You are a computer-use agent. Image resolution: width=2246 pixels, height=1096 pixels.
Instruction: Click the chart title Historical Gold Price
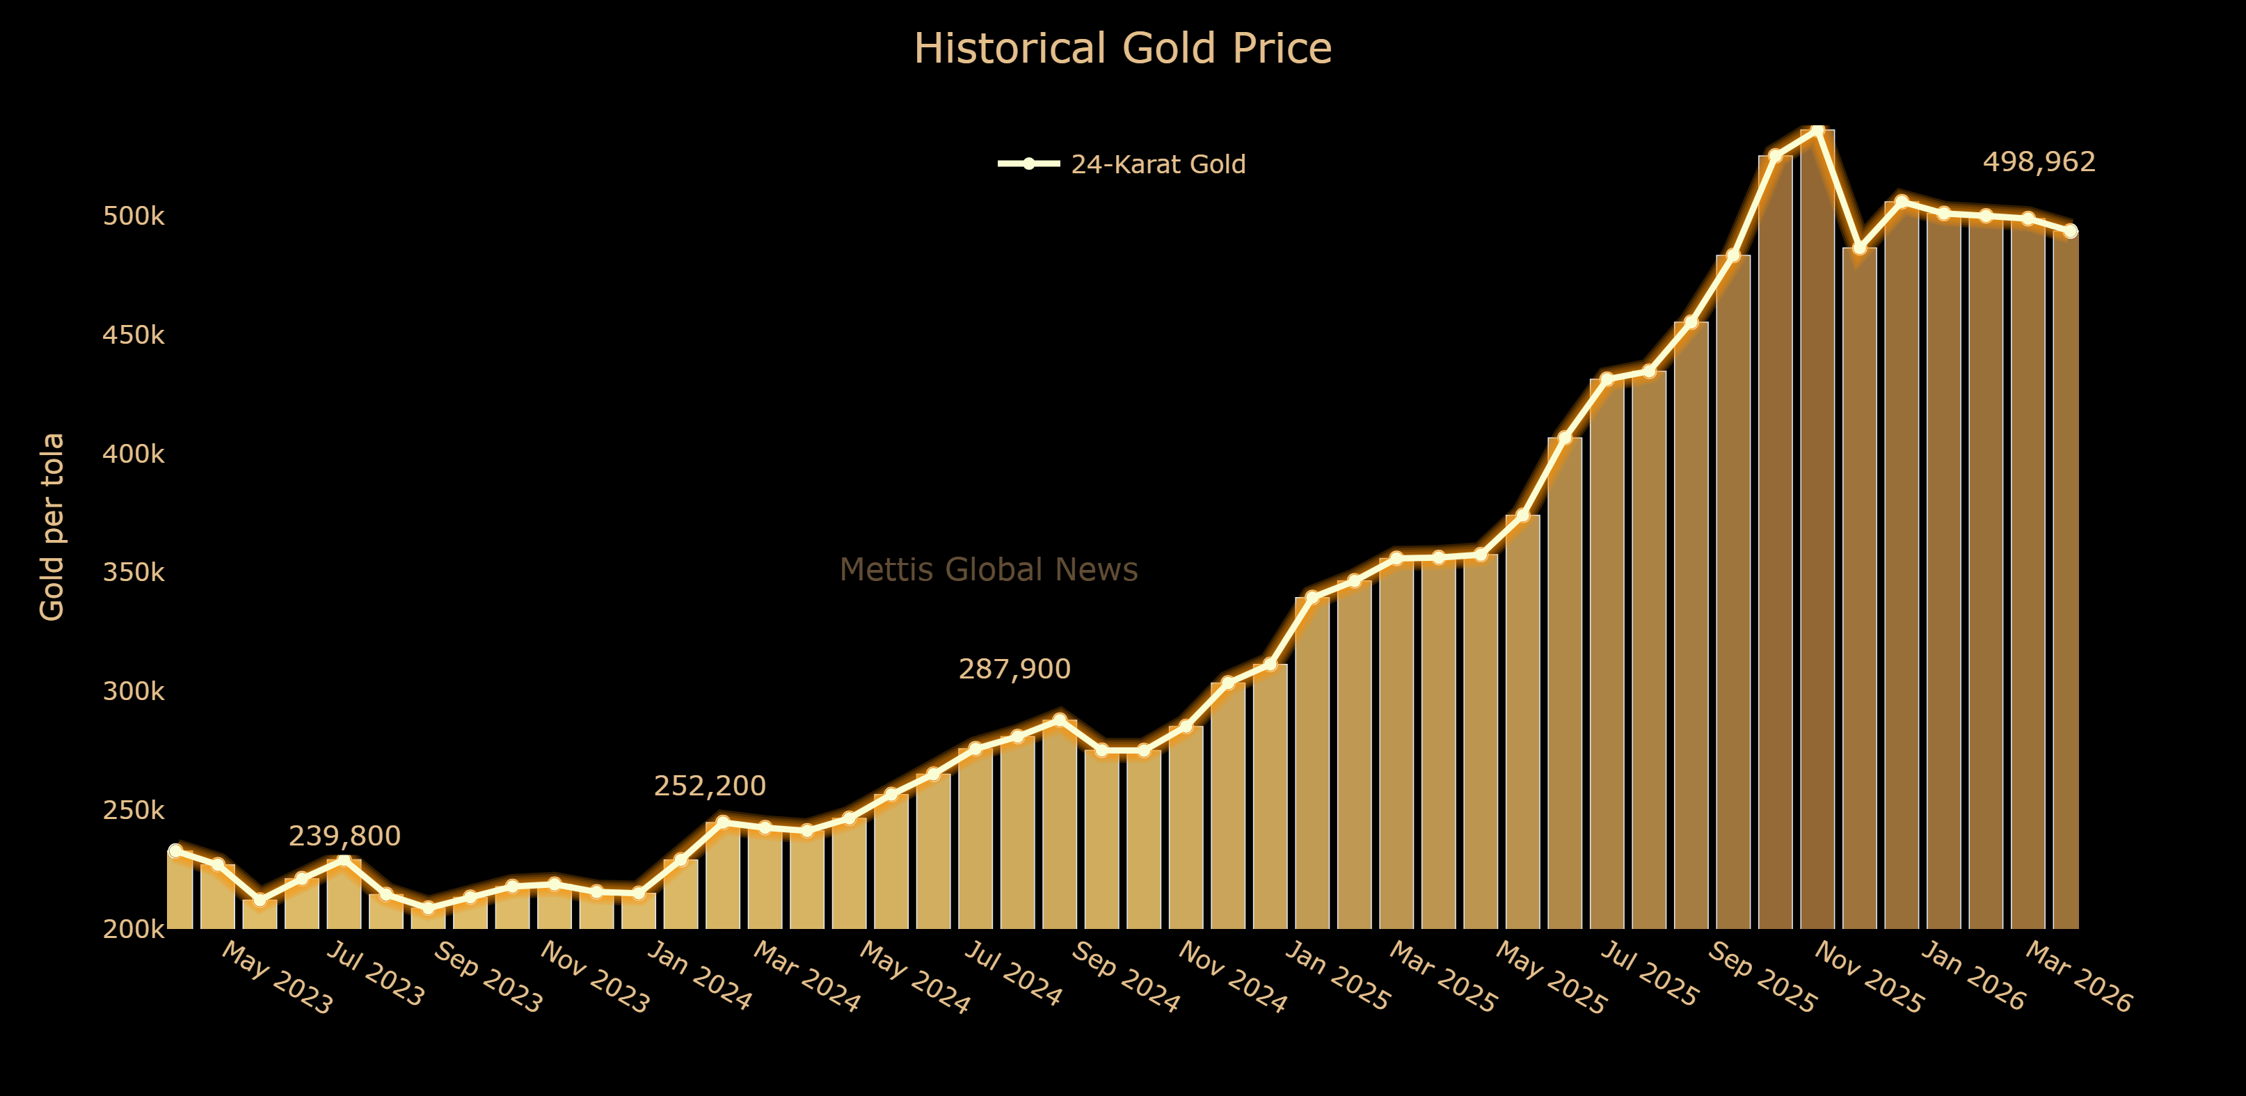tap(1122, 49)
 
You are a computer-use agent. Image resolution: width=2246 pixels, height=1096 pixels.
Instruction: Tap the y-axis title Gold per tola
tap(52, 527)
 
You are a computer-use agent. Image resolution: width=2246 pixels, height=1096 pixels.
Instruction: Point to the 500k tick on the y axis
tap(134, 216)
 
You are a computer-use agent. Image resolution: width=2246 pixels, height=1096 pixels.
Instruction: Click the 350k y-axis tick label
tap(134, 573)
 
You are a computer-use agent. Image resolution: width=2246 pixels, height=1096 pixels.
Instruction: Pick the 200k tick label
tap(134, 930)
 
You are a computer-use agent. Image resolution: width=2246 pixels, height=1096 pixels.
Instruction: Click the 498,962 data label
tap(2039, 162)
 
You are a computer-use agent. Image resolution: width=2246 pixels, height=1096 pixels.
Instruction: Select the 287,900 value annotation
tap(1014, 669)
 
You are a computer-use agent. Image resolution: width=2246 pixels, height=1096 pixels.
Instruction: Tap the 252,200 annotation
tap(710, 786)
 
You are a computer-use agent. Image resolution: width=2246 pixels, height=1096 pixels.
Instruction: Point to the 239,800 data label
tap(344, 837)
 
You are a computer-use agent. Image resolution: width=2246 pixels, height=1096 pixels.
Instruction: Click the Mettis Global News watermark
tap(988, 570)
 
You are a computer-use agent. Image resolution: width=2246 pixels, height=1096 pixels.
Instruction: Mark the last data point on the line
tap(2070, 231)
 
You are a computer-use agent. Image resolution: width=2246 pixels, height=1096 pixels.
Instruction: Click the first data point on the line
tap(175, 850)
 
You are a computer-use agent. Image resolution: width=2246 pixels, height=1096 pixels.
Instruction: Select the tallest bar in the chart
tap(1817, 523)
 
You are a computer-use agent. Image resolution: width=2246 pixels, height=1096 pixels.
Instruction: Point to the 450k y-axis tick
tap(134, 335)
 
